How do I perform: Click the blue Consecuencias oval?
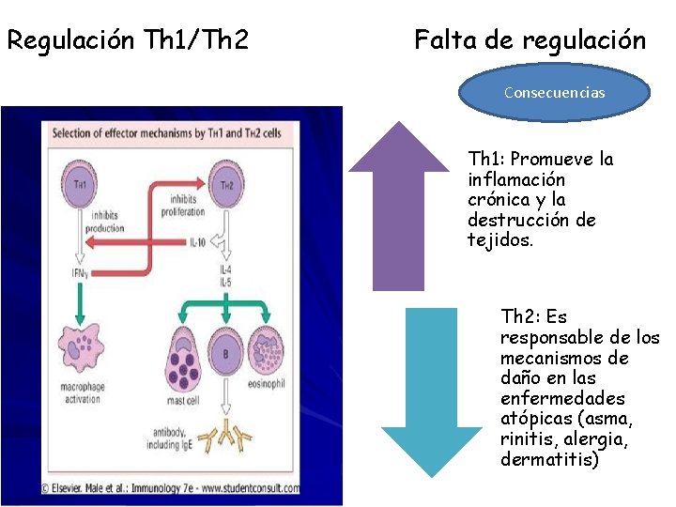coord(554,93)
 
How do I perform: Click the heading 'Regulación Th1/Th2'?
coord(128,40)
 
